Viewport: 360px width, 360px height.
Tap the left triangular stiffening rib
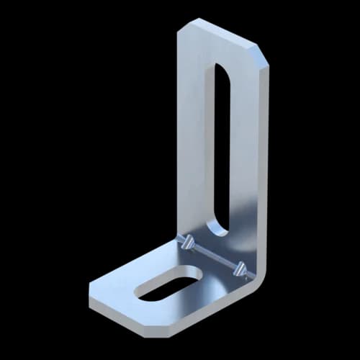(189, 243)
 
